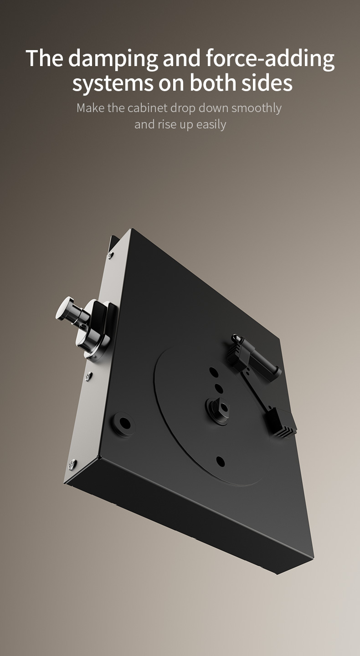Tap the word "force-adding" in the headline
tap(270, 59)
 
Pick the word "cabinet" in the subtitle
tap(147, 108)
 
